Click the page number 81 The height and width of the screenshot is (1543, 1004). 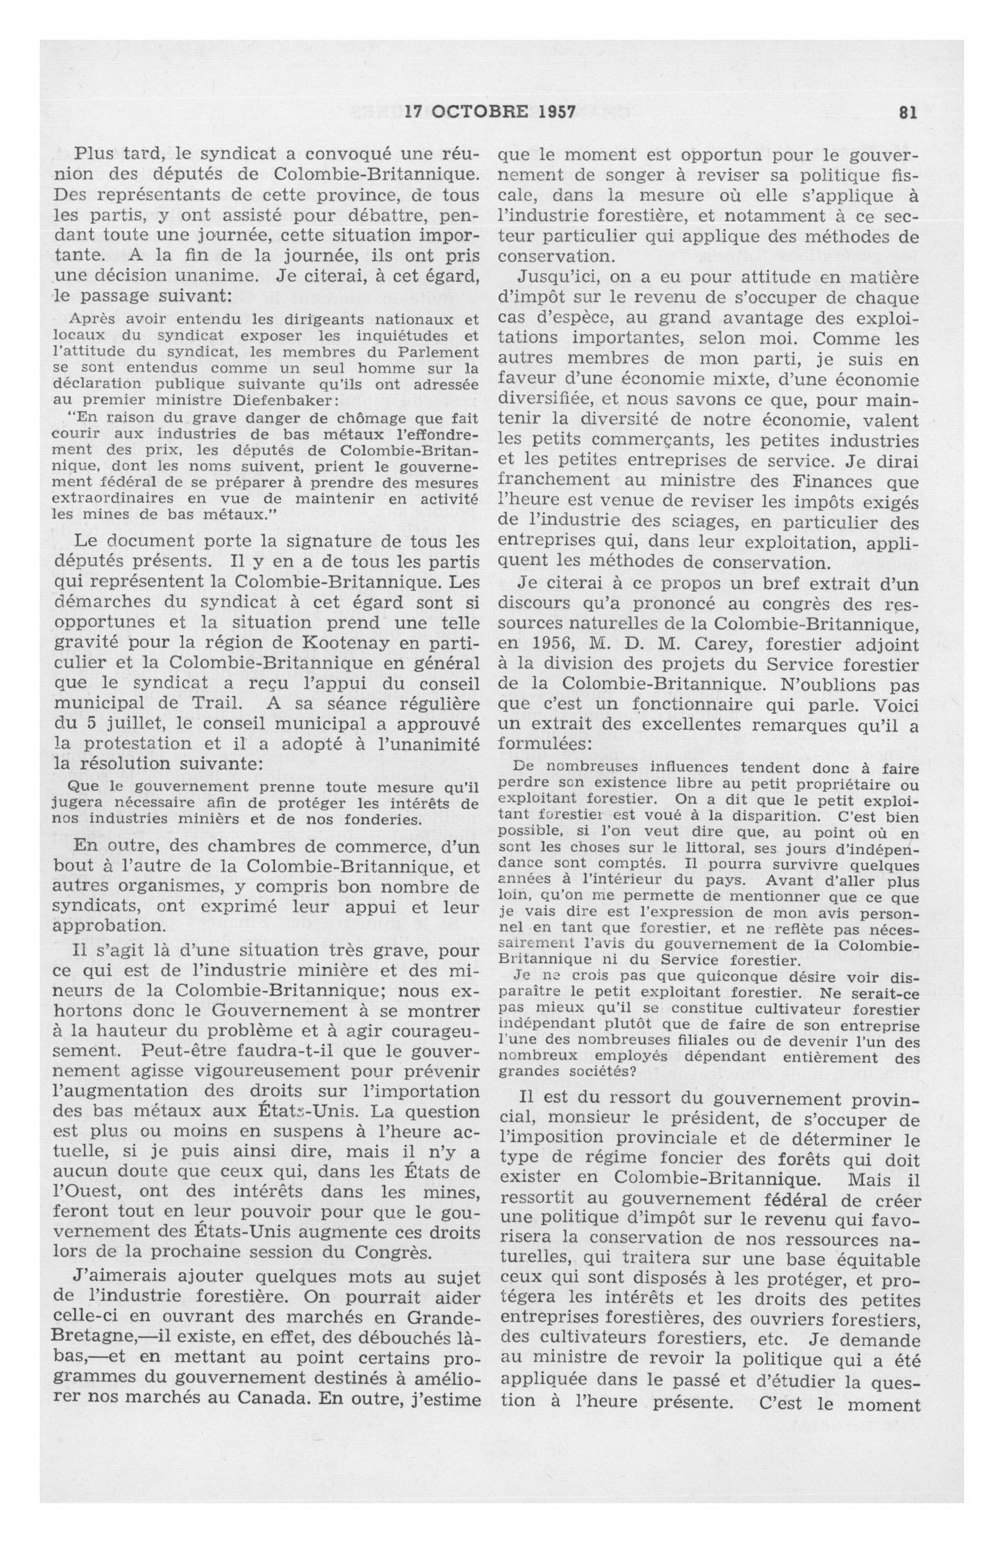click(908, 112)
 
